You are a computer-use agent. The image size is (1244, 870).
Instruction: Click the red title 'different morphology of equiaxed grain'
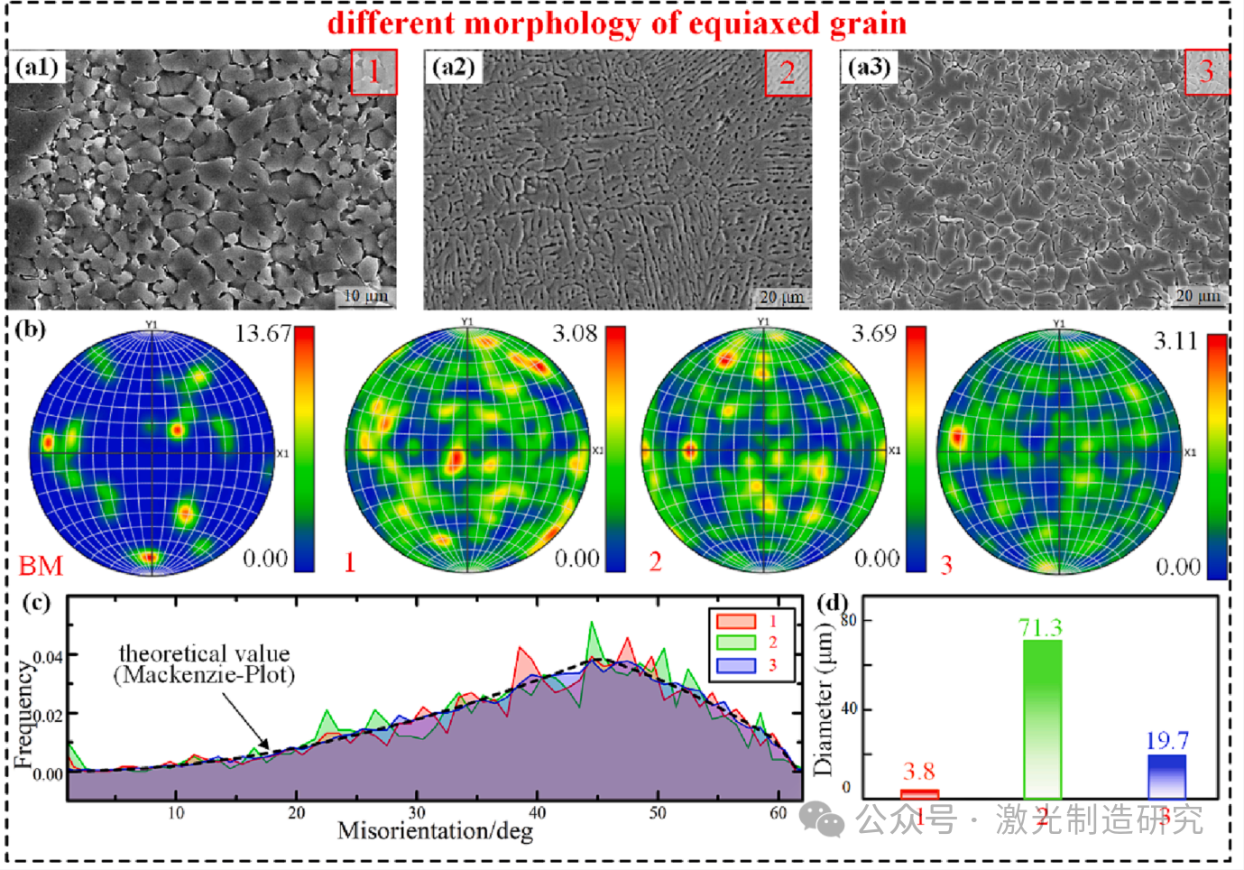click(617, 23)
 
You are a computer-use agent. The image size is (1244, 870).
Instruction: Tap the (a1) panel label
click(37, 68)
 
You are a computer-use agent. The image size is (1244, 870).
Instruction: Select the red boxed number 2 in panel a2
click(788, 72)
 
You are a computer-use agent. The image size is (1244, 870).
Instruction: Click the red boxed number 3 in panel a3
click(1206, 71)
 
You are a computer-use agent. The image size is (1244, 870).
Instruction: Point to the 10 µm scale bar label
click(365, 296)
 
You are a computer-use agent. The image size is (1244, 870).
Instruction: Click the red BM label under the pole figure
click(41, 566)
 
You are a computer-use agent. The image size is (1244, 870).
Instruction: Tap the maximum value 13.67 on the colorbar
click(263, 334)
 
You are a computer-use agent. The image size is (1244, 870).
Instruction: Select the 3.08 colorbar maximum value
click(575, 334)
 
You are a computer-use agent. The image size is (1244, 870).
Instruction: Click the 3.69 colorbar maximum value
click(873, 334)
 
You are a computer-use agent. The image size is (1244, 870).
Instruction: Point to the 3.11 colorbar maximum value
click(1175, 341)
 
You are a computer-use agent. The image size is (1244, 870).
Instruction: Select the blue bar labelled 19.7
click(1166, 776)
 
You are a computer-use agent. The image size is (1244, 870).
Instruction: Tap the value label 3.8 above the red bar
click(918, 772)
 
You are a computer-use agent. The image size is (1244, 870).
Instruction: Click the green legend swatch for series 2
click(735, 643)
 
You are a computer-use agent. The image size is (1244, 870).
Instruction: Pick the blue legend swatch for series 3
click(735, 665)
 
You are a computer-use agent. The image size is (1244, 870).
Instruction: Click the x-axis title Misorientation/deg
click(435, 831)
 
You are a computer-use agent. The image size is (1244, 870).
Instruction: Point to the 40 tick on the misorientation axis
click(537, 813)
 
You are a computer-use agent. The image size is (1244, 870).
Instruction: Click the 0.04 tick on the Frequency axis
click(48, 657)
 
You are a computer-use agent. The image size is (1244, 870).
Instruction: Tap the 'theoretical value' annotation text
click(204, 653)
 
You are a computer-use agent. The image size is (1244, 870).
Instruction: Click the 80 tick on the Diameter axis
click(849, 621)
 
